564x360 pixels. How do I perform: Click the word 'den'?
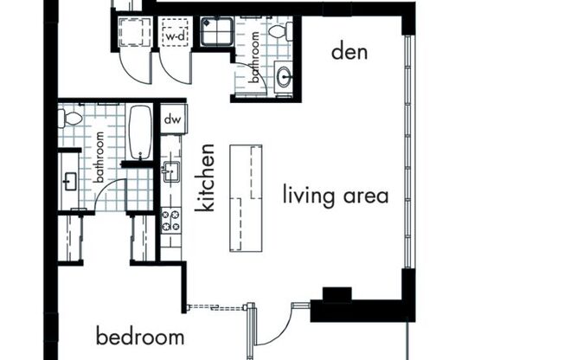(349, 52)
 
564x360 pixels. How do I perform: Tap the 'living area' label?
(335, 195)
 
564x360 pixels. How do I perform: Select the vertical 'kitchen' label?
(205, 178)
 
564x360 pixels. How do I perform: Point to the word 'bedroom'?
(140, 336)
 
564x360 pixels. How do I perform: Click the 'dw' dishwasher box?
(171, 119)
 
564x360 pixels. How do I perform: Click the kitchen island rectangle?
(246, 197)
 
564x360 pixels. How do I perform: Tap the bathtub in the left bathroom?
(139, 132)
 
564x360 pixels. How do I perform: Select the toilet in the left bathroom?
(72, 118)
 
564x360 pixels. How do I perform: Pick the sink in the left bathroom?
(70, 181)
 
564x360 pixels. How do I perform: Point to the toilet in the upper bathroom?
(277, 32)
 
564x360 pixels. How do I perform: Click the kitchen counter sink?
(170, 170)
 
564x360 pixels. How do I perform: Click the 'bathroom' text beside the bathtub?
(100, 157)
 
